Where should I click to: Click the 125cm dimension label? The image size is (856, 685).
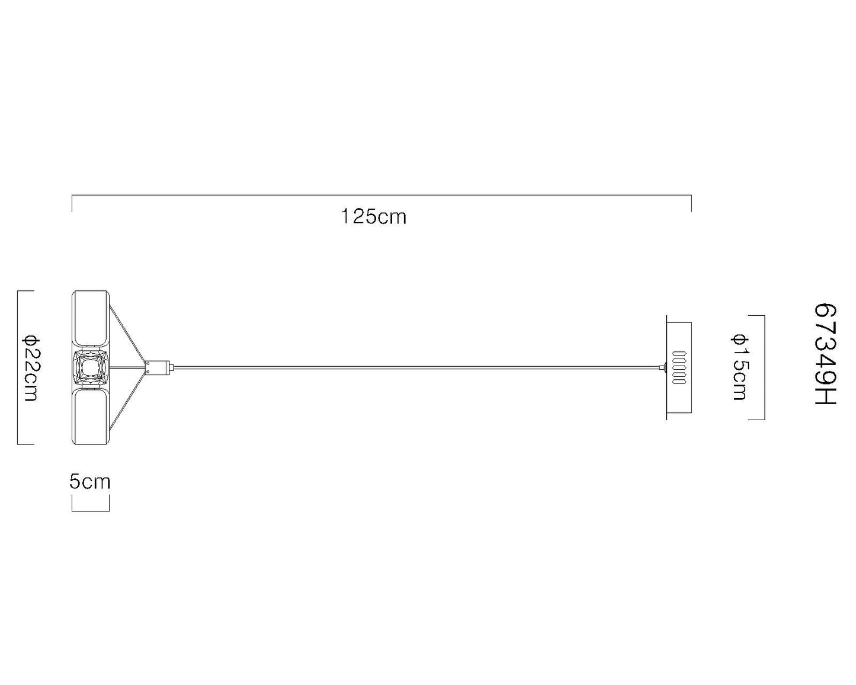(x=374, y=217)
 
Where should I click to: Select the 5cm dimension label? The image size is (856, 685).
(x=90, y=482)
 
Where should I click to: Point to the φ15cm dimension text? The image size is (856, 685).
(x=739, y=367)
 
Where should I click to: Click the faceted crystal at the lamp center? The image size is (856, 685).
(x=90, y=367)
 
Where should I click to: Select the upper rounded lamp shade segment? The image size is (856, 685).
(x=90, y=318)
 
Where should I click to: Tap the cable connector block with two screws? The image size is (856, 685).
(x=158, y=368)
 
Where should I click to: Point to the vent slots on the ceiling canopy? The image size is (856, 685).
(x=679, y=368)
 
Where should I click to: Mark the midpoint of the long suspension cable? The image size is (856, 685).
(x=415, y=368)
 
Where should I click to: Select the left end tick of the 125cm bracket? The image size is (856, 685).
(x=72, y=203)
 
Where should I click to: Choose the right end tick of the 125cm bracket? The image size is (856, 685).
(x=691, y=203)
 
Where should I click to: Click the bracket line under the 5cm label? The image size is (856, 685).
(x=91, y=510)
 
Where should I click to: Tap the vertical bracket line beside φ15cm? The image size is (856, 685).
(x=764, y=367)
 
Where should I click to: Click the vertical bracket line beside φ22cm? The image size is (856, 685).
(x=18, y=367)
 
